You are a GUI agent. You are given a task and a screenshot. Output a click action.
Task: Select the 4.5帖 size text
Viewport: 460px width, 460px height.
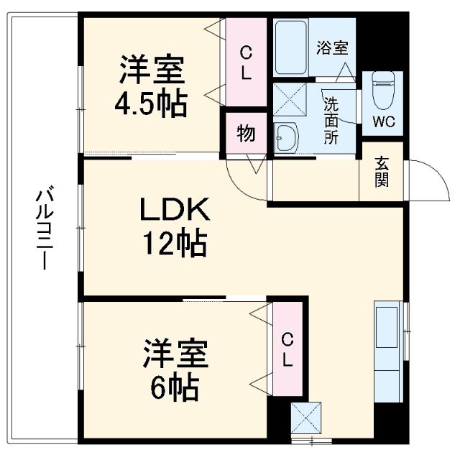click(152, 104)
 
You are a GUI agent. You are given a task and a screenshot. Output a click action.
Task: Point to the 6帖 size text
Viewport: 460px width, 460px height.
click(175, 388)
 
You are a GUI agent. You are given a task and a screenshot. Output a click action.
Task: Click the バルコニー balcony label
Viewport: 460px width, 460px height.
click(45, 229)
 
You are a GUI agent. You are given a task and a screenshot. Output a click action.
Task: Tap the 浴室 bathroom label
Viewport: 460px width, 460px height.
click(332, 48)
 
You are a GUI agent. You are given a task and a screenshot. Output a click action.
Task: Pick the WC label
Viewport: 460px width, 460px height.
click(383, 121)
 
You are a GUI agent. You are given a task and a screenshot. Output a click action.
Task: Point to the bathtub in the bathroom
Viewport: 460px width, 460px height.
click(291, 47)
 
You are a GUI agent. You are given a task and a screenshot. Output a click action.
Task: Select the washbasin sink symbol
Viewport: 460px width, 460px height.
click(287, 137)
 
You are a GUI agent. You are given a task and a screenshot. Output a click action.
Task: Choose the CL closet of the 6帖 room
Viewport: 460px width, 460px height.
click(287, 349)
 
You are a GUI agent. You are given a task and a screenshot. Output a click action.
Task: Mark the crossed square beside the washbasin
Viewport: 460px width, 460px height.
click(289, 100)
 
